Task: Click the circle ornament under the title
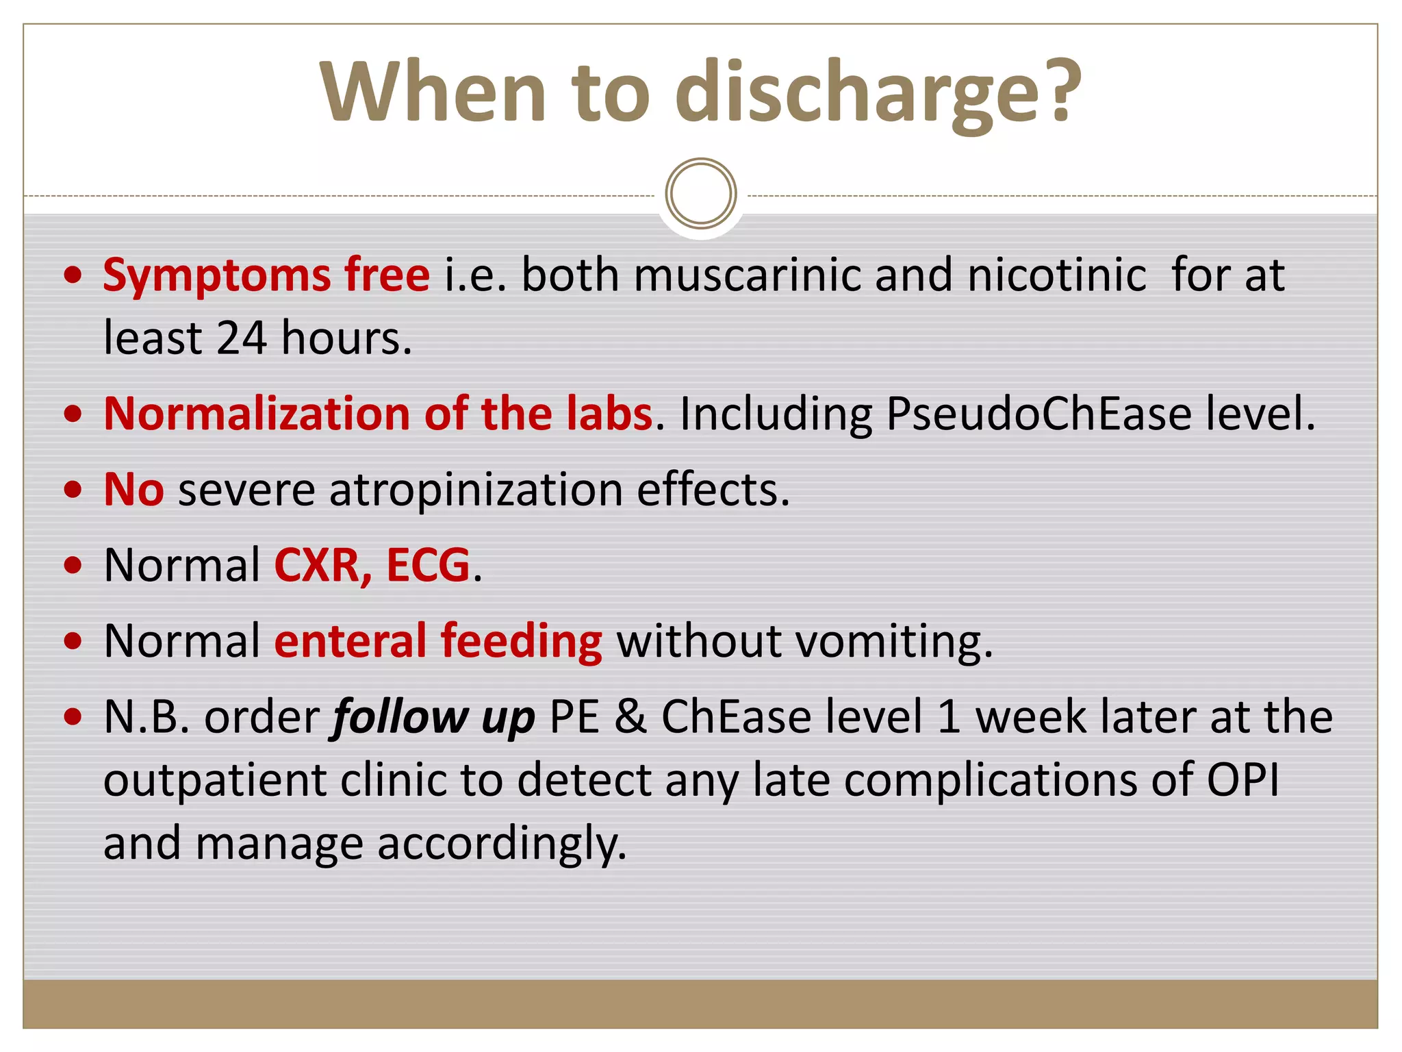700,193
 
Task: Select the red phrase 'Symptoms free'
266,275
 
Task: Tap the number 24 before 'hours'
242,338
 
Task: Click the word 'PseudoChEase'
1038,414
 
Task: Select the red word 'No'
133,490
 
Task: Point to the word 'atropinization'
476,490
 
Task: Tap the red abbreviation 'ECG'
428,566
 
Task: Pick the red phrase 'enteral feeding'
438,642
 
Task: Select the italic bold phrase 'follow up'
433,718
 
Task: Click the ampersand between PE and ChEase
630,718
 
